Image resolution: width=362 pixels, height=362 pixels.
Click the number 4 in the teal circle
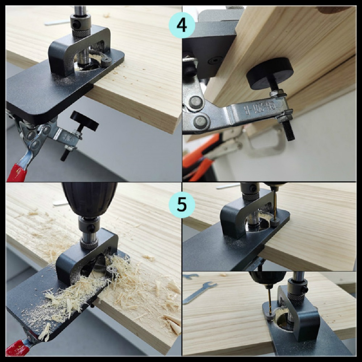tap(182, 25)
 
